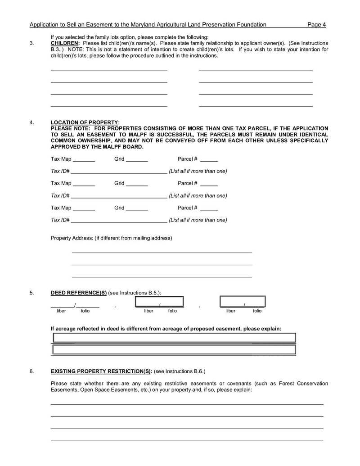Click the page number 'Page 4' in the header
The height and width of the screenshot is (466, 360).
click(x=316, y=24)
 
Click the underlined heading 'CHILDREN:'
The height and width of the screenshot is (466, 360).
click(x=65, y=43)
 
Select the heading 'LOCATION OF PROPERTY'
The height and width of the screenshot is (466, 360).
click(x=85, y=122)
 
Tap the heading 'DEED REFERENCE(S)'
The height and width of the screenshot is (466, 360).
click(x=79, y=293)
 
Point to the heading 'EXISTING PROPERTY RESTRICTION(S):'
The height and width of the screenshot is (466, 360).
click(x=101, y=371)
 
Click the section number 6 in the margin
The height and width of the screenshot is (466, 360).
click(x=31, y=371)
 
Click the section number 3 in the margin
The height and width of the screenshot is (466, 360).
click(x=31, y=43)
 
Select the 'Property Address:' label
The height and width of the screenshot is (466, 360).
click(x=72, y=238)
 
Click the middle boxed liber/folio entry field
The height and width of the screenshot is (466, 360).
click(x=160, y=302)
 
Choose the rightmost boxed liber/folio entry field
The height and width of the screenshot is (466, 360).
click(x=243, y=302)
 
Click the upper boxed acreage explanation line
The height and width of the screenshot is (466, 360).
click(x=174, y=338)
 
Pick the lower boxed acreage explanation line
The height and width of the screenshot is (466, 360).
click(x=174, y=349)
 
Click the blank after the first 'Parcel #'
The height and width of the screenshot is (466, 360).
click(x=209, y=160)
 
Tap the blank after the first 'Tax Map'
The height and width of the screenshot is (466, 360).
click(x=84, y=160)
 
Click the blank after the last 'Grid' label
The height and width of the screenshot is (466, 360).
click(x=137, y=209)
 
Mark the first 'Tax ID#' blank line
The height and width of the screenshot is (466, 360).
click(x=119, y=172)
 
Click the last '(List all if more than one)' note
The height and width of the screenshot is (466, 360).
click(x=198, y=220)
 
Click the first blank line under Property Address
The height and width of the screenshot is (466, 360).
click(x=162, y=252)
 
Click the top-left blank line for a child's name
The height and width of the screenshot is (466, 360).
click(x=109, y=69)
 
